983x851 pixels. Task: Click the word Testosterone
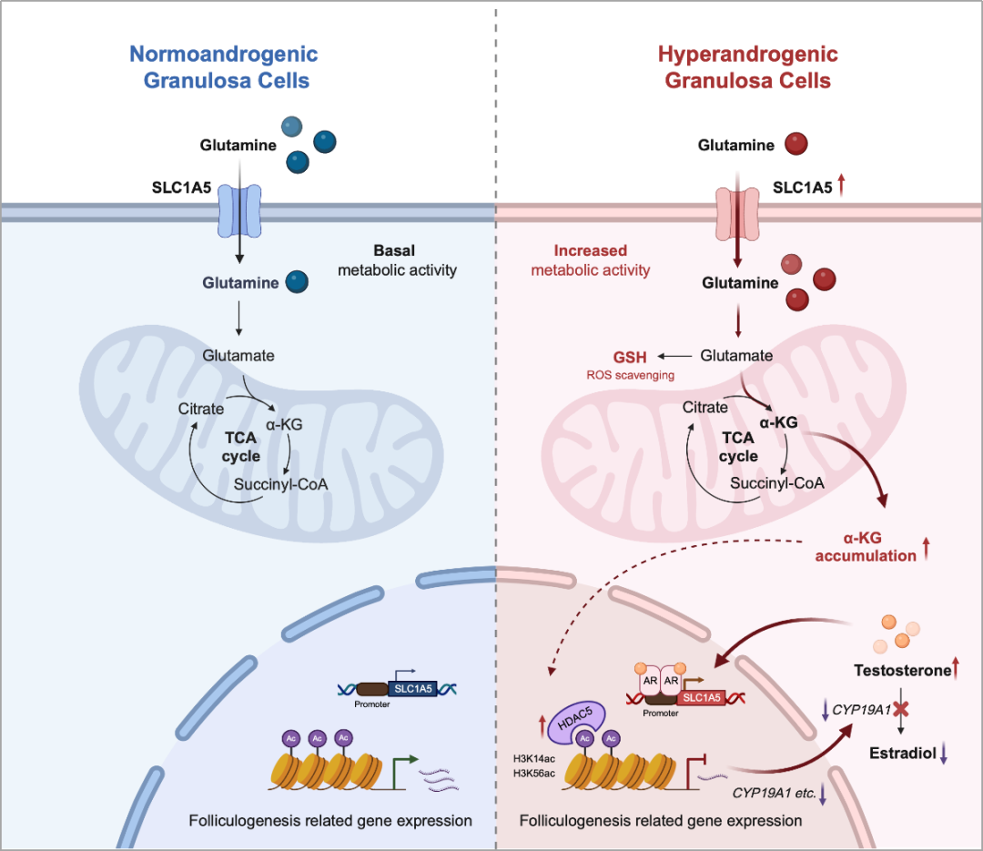pyautogui.click(x=901, y=671)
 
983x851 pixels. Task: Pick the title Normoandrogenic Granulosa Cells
pyautogui.click(x=223, y=67)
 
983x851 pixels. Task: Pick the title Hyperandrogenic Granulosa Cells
pyautogui.click(x=747, y=67)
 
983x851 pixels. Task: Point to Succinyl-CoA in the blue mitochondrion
pyautogui.click(x=280, y=483)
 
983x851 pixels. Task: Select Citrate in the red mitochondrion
pyautogui.click(x=705, y=407)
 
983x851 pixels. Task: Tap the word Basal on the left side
pyautogui.click(x=394, y=249)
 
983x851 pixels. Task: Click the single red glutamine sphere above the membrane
pyautogui.click(x=796, y=145)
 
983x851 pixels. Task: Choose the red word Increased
pyautogui.click(x=591, y=250)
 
